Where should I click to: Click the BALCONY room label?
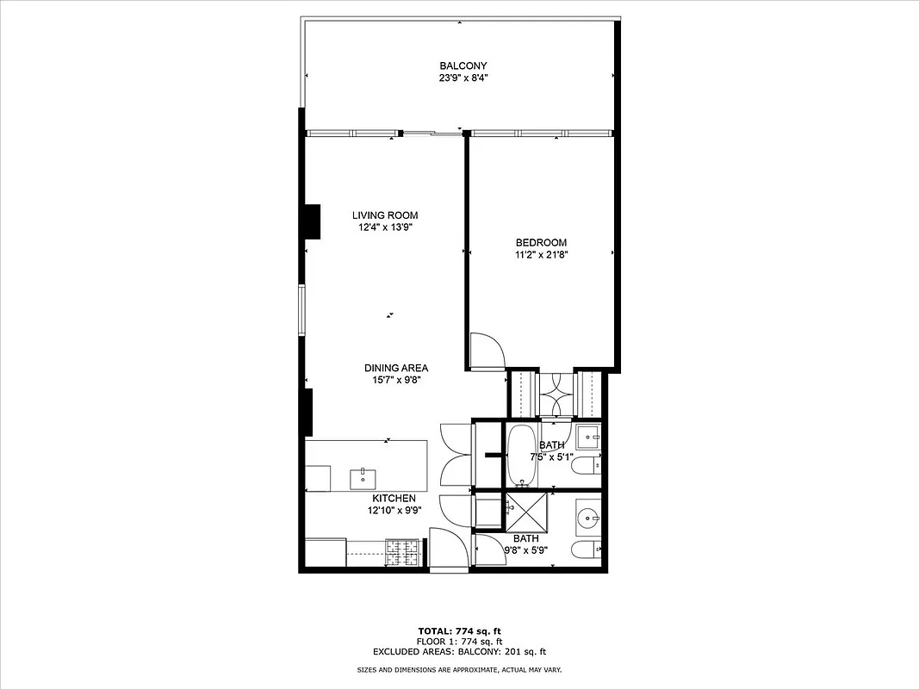tap(463, 65)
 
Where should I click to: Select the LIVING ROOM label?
tap(385, 215)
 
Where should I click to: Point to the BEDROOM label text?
tap(541, 242)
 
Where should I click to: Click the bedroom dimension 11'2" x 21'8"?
tap(541, 254)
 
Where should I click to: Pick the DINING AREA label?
tap(395, 368)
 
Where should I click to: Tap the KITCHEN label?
tap(394, 499)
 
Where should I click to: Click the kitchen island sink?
tap(363, 478)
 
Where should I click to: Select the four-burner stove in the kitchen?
tap(403, 552)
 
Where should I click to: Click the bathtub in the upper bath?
tap(520, 454)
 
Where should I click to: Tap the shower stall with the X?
tap(525, 512)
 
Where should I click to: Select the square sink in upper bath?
tap(588, 437)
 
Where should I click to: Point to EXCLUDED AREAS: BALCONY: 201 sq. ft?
tap(459, 652)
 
